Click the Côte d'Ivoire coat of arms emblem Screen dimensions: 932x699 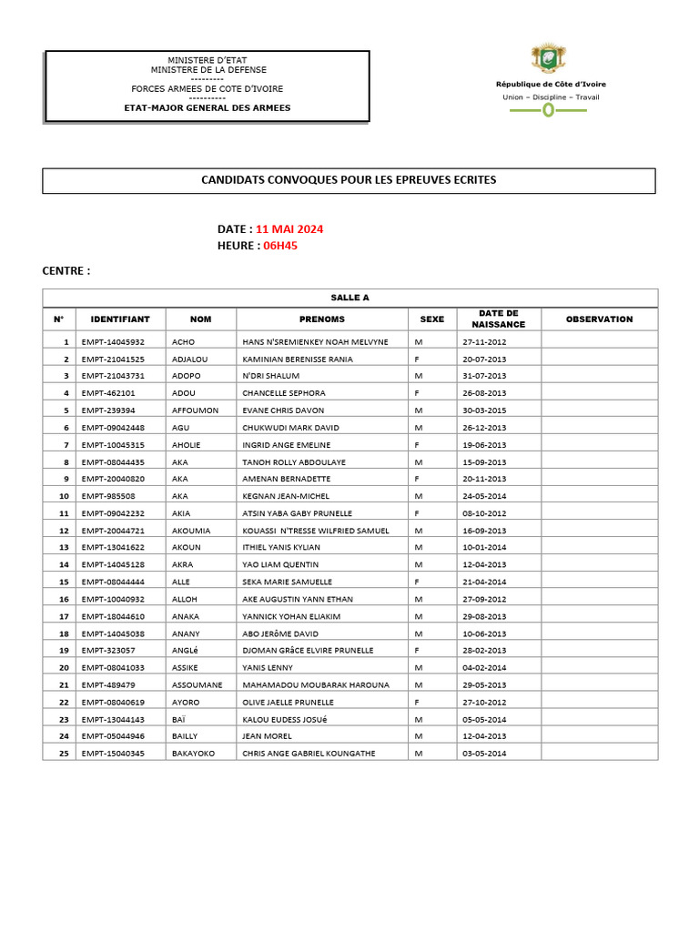548,58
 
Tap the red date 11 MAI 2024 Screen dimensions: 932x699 289,228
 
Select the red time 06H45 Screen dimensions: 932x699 280,246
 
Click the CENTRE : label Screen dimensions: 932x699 66,271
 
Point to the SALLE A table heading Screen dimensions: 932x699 349,298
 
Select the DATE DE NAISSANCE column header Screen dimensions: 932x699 498,319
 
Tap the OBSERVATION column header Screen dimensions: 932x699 599,319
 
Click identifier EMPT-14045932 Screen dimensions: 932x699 113,342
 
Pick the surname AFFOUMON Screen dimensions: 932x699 195,410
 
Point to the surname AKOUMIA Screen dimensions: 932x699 191,531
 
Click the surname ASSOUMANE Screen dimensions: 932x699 197,684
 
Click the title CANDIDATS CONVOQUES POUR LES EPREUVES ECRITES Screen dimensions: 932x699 349,180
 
